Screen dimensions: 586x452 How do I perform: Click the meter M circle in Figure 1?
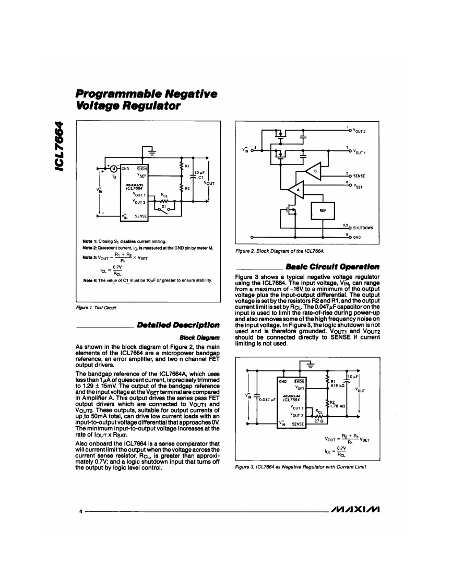coord(113,168)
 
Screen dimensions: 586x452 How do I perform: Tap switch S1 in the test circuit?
coord(165,207)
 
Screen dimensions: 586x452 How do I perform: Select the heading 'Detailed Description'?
coord(178,325)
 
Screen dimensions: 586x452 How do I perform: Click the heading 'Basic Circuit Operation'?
coord(342,267)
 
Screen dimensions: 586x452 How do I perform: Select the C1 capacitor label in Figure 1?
coord(200,177)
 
